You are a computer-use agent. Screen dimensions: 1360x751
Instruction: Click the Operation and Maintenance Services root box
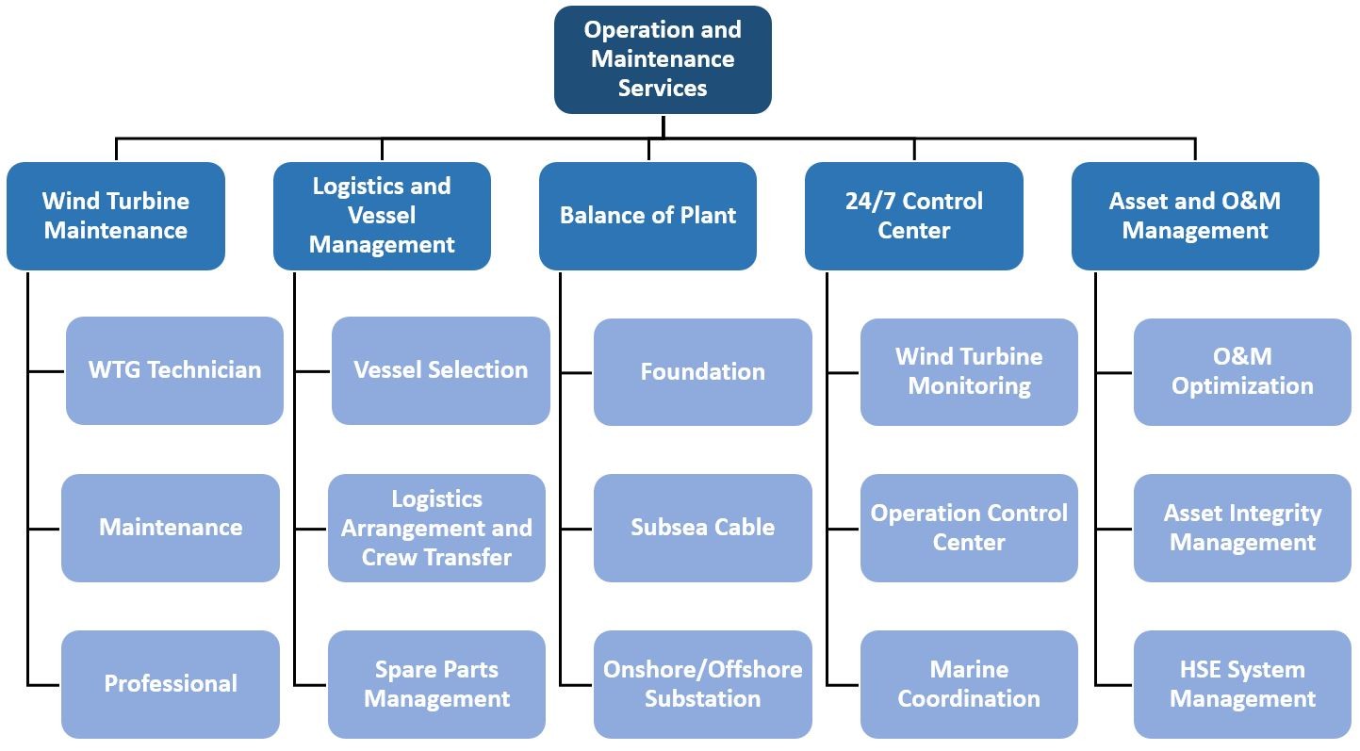pos(663,59)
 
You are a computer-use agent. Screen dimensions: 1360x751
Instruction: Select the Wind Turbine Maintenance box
pos(115,216)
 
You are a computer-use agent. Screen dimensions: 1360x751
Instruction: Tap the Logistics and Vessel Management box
pos(382,216)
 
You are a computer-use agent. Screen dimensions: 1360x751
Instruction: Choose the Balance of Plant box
pos(647,216)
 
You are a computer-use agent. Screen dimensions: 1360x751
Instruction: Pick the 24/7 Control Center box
pos(914,216)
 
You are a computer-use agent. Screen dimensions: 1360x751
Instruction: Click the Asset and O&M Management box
pos(1195,216)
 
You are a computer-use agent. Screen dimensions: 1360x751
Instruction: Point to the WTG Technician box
pos(175,370)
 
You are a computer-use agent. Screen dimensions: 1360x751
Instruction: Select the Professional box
pos(171,684)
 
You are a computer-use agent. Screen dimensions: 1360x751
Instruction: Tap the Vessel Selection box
pos(441,370)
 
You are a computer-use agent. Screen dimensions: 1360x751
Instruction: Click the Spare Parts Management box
pos(436,684)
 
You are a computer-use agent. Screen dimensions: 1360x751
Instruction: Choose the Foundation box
pos(702,372)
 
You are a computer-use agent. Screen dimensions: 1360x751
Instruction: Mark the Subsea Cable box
pos(702,529)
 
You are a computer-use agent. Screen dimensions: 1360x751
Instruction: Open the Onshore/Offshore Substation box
pos(702,684)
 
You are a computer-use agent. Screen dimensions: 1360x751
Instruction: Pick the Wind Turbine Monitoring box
pos(969,372)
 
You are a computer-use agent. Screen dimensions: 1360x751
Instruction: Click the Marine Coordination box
pos(969,684)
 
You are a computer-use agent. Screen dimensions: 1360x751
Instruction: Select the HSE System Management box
pos(1242,684)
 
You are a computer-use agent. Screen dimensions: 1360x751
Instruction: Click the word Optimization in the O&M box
pos(1242,386)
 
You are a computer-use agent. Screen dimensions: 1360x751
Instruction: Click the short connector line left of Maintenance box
pos(43,529)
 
